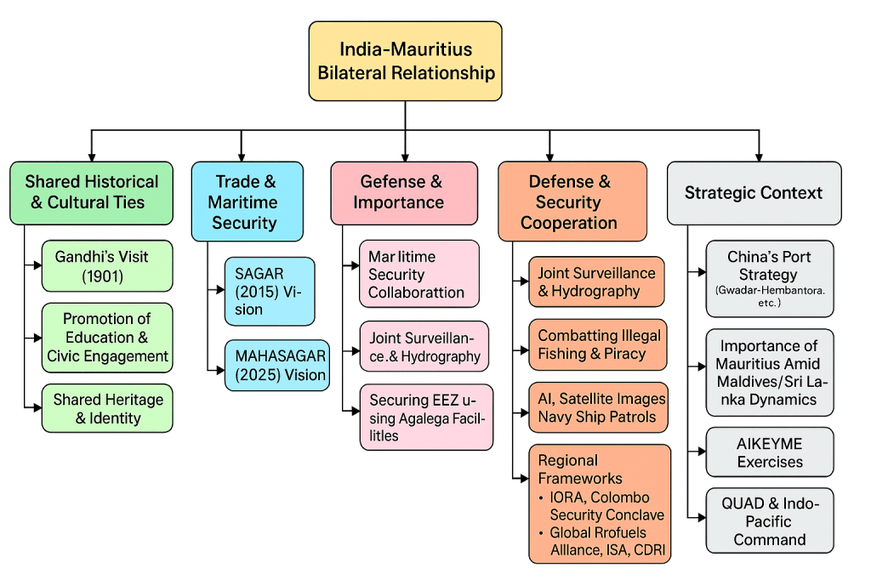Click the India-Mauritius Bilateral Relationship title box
pos(405,61)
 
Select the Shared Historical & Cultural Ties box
pos(91,192)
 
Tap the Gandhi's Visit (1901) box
pos(107,265)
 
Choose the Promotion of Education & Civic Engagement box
pos(107,337)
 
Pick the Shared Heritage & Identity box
pos(107,408)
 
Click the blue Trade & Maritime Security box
pos(247,202)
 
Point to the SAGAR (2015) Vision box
pos(269,291)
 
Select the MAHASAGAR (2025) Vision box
pos(276,366)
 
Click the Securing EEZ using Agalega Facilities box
pos(426,418)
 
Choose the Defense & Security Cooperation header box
pos(572,202)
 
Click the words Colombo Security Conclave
pos(599,506)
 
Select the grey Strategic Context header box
pos(754,193)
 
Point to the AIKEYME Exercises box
pos(769,452)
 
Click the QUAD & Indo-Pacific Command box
pos(769,521)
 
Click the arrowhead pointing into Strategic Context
pos(758,156)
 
